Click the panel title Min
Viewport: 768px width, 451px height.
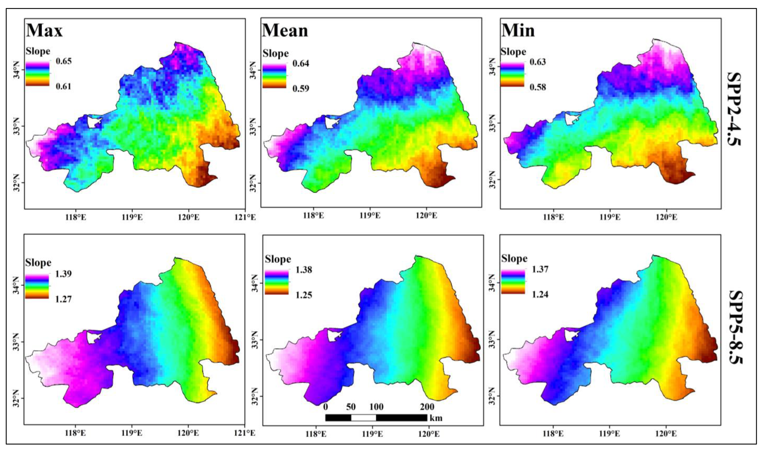click(x=518, y=30)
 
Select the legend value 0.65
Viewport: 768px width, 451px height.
click(x=64, y=61)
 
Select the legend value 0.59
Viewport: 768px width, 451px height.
click(x=301, y=89)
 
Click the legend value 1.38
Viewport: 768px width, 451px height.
click(x=304, y=270)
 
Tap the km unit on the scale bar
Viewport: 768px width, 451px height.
click(x=436, y=418)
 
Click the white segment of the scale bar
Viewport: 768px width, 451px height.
click(x=364, y=418)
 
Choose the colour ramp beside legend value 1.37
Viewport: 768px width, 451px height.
click(x=513, y=282)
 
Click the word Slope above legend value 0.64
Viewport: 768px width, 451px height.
click(x=276, y=54)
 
